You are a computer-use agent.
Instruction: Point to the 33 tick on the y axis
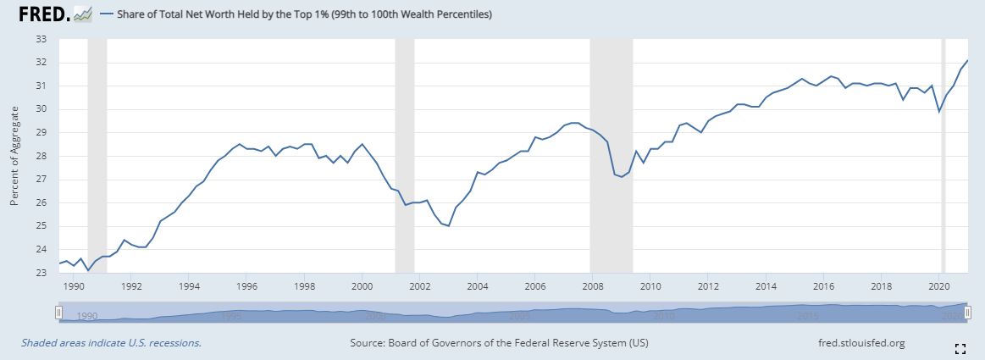(41, 39)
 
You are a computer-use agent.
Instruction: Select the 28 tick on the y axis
(41, 156)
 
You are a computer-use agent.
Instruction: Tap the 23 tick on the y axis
(41, 273)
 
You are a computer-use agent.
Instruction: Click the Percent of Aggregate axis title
(14, 156)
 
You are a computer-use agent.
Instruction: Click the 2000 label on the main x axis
(362, 286)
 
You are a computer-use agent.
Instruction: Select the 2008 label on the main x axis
(592, 286)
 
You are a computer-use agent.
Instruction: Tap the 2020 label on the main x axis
(939, 286)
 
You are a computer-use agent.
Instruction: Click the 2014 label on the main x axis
(766, 286)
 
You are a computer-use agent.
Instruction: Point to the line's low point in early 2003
(448, 226)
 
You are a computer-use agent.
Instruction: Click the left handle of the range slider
(58, 313)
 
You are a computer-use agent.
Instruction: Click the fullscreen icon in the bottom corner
(960, 348)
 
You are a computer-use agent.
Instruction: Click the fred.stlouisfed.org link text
(857, 343)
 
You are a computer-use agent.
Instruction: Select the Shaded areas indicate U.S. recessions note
(111, 343)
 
